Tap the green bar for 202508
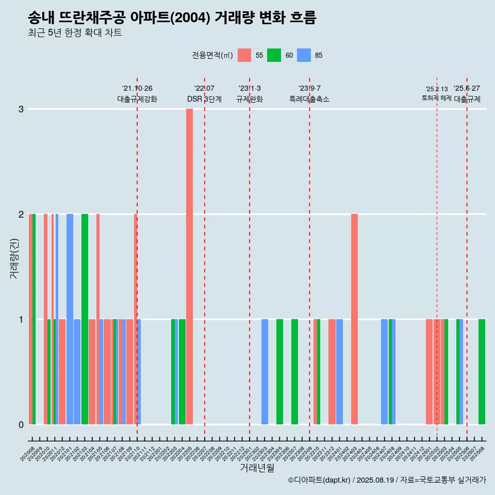(482, 371)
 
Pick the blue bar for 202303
(265, 371)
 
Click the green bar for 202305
(279, 371)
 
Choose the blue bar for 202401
(339, 371)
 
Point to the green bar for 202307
(294, 371)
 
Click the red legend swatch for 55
(244, 55)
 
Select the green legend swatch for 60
(274, 55)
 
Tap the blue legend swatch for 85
(304, 55)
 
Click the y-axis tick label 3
(21, 109)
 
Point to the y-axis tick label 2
(21, 214)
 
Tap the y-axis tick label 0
(21, 424)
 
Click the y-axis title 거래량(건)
(14, 258)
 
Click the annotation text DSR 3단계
(204, 99)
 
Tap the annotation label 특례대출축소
(309, 99)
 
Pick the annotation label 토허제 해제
(437, 98)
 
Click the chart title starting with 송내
(172, 18)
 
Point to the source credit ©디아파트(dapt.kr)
(320, 480)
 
